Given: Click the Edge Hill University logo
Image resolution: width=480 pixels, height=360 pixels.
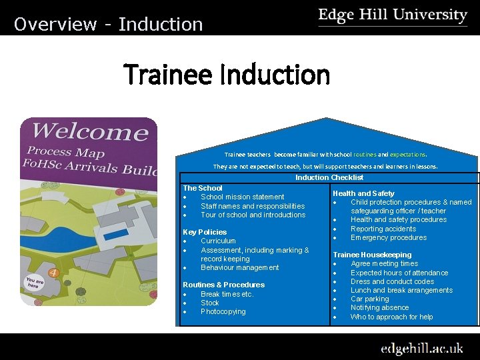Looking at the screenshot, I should click(393, 16).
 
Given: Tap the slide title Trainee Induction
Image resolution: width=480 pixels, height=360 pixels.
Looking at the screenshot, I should click(227, 75).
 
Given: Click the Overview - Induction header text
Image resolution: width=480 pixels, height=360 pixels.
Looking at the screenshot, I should click(108, 25).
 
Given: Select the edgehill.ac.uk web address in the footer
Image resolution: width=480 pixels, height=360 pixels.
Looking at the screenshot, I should click(421, 348).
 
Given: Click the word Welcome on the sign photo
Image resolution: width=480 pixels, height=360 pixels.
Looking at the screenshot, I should click(91, 131).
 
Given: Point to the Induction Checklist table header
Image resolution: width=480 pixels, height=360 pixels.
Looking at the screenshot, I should click(329, 177).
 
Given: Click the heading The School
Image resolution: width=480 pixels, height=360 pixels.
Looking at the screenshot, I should click(203, 188).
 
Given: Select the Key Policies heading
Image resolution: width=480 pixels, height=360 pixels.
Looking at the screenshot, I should click(205, 232).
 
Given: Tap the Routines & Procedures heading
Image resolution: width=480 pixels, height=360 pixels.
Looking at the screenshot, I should click(223, 285).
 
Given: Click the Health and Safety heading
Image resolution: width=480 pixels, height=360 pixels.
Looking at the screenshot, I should click(363, 193).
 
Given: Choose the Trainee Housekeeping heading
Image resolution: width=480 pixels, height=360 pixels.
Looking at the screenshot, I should click(372, 255).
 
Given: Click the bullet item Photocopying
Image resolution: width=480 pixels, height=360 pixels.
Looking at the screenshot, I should click(223, 311).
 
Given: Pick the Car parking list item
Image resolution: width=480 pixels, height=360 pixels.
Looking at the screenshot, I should click(369, 299).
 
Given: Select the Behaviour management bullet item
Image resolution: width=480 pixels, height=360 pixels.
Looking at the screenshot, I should click(239, 267).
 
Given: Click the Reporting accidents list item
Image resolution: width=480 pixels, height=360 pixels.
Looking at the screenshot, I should click(383, 229).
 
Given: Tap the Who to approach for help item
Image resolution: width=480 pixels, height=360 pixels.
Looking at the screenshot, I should click(391, 317).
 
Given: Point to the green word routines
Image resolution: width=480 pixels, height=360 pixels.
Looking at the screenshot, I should click(365, 153).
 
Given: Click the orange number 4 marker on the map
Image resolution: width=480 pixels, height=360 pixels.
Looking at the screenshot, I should click(53, 272).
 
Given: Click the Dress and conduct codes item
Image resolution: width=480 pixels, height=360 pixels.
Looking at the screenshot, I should click(392, 281).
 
